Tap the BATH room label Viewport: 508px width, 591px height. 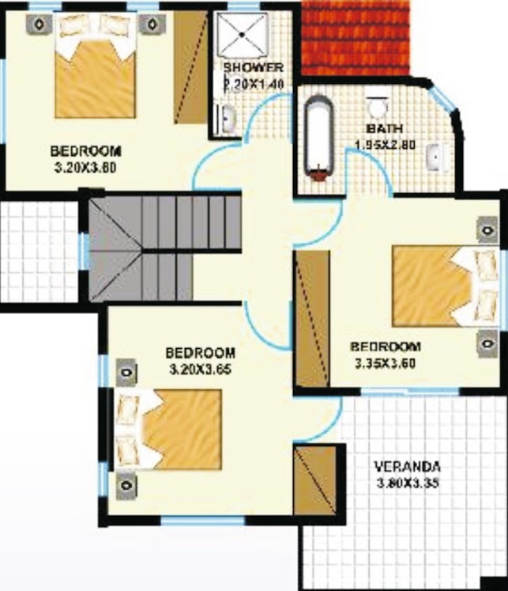click(x=385, y=129)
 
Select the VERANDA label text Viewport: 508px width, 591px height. click(x=408, y=467)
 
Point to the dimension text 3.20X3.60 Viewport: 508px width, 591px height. click(x=85, y=166)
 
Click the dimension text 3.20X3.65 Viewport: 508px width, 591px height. click(x=200, y=369)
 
